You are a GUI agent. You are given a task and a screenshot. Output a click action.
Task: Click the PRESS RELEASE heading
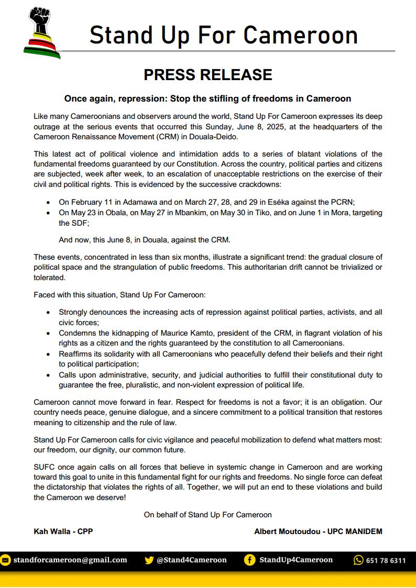[208, 75]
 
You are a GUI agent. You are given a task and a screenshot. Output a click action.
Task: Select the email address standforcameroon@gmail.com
[70, 560]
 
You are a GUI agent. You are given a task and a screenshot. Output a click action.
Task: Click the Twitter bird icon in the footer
[149, 560]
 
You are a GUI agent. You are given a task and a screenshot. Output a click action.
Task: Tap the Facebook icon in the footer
[250, 560]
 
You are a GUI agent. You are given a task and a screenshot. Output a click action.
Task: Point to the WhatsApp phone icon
[358, 560]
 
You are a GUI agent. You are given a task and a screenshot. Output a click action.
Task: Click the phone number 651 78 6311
[386, 560]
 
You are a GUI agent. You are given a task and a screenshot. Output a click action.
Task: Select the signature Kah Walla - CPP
[63, 531]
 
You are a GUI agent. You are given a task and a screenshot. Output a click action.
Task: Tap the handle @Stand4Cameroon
[192, 560]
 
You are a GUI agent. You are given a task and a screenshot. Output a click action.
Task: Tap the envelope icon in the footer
[5, 560]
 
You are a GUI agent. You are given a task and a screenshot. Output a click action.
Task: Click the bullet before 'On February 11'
[49, 202]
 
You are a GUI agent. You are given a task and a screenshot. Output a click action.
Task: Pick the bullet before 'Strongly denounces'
[49, 312]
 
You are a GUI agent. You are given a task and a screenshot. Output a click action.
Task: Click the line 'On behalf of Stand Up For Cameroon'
[208, 515]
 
